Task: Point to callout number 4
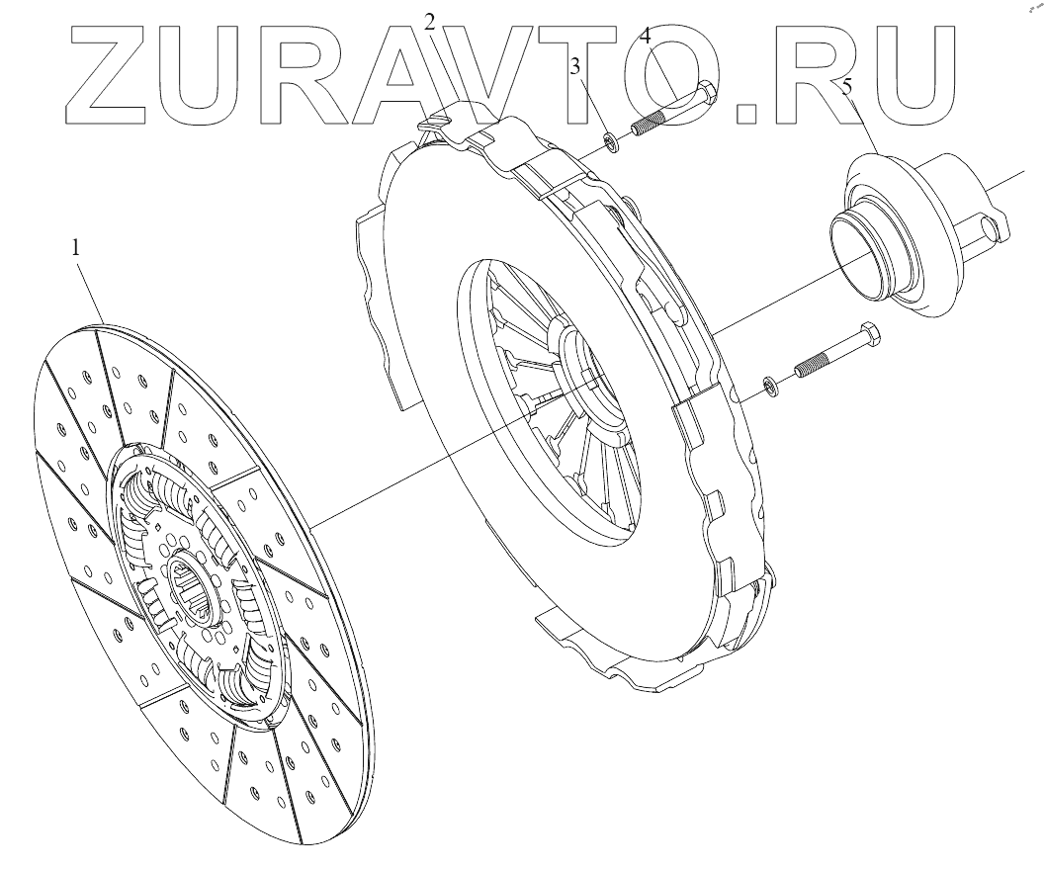(x=645, y=38)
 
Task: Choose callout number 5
(x=847, y=87)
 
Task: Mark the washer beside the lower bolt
(x=770, y=384)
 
